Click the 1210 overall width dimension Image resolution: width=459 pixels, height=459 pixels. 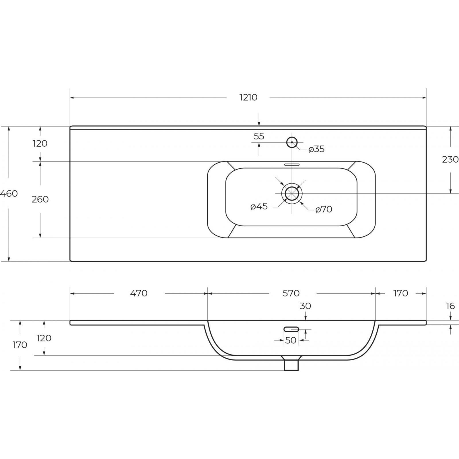(248, 98)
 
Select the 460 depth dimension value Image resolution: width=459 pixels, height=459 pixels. (9, 194)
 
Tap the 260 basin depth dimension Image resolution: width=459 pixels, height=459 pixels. (40, 199)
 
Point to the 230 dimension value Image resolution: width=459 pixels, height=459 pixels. (450, 159)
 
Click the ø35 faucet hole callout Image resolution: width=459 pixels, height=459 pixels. (316, 149)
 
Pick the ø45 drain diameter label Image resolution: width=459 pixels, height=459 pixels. (259, 206)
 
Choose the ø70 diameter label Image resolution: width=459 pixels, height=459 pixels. (324, 209)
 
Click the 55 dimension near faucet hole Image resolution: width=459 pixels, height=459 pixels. (259, 136)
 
